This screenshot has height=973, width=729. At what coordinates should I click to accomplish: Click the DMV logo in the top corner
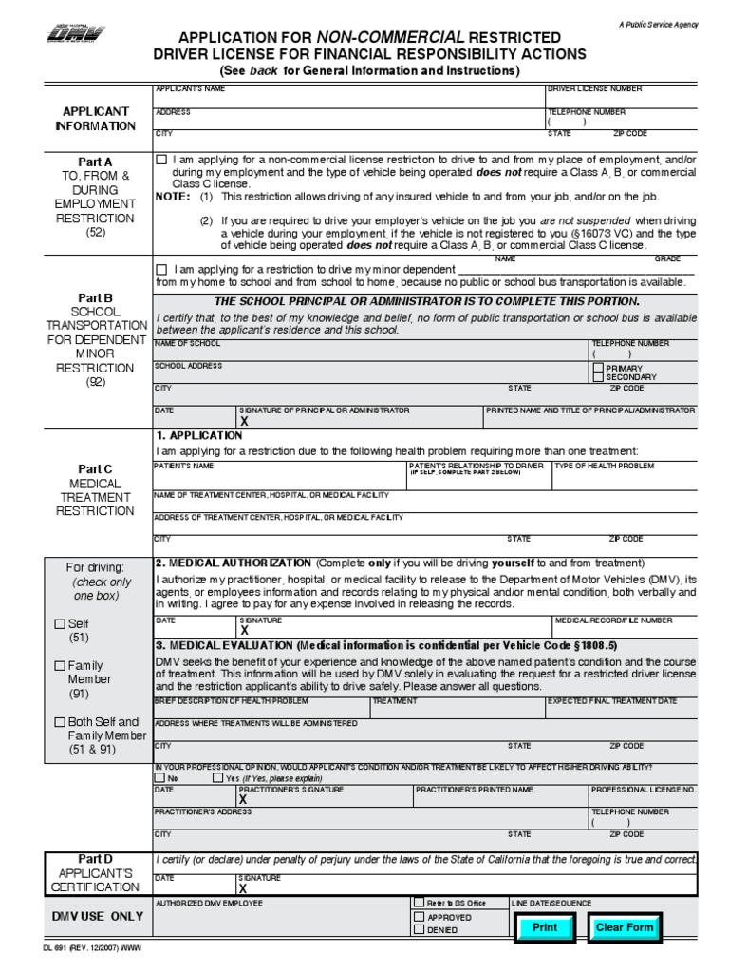pos(77,36)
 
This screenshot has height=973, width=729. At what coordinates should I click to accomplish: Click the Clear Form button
pos(624,927)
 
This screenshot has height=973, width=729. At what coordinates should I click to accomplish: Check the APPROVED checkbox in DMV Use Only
pos(419,917)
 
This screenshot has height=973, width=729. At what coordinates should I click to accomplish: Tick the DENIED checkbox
pos(419,930)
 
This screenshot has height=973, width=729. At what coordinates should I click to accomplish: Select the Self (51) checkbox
pos(59,623)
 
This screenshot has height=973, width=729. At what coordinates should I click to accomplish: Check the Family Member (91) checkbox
pos(59,665)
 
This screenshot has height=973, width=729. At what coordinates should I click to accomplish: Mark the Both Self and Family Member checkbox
pos(59,722)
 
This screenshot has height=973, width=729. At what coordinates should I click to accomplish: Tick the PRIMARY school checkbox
pos(597,368)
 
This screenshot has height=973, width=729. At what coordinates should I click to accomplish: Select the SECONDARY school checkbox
pos(597,377)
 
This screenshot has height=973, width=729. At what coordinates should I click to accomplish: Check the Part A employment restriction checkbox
pos(161,160)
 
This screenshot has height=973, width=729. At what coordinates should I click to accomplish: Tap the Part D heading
pos(95,858)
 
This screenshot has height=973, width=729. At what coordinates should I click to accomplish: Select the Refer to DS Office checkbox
pos(419,903)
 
